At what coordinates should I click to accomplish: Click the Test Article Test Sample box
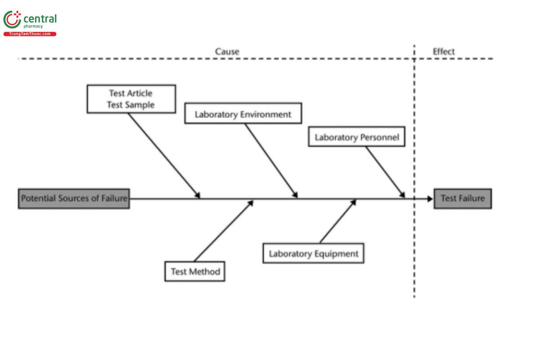pyautogui.click(x=131, y=99)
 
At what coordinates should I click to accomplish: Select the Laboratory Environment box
pyautogui.click(x=243, y=114)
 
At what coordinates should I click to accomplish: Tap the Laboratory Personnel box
pyautogui.click(x=356, y=137)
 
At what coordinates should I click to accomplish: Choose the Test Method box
pyautogui.click(x=195, y=271)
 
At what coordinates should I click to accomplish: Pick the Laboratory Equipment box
pyautogui.click(x=313, y=253)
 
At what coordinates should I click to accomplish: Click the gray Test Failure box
pyautogui.click(x=463, y=198)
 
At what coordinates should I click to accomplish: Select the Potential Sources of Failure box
pyautogui.click(x=74, y=198)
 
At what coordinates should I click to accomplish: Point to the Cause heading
pyautogui.click(x=227, y=51)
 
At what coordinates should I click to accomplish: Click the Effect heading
pyautogui.click(x=444, y=51)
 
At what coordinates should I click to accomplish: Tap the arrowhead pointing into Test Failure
pyautogui.click(x=429, y=198)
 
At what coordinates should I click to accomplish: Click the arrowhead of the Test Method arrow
pyautogui.click(x=251, y=203)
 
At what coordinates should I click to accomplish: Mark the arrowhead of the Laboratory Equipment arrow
pyautogui.click(x=353, y=203)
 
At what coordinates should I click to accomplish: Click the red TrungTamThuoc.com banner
pyautogui.click(x=30, y=34)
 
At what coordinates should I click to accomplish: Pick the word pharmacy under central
pyautogui.click(x=33, y=27)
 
